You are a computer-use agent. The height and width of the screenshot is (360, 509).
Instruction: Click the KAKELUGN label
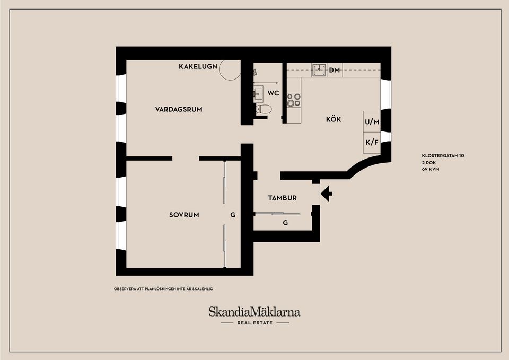(x=198, y=66)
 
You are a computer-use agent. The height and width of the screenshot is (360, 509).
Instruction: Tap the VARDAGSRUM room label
(x=179, y=109)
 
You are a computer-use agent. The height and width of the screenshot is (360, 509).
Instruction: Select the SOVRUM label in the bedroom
(x=184, y=215)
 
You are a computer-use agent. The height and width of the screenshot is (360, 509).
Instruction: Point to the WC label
(x=273, y=93)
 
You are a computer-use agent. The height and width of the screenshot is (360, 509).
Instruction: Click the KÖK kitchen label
(x=334, y=119)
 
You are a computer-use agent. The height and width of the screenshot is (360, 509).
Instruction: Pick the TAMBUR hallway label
(x=282, y=198)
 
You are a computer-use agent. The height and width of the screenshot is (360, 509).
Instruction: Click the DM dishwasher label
(x=334, y=70)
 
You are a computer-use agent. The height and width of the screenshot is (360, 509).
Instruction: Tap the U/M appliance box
(x=372, y=122)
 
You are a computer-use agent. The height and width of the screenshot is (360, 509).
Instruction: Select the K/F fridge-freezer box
(x=372, y=142)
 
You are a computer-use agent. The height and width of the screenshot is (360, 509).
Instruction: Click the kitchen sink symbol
(x=319, y=70)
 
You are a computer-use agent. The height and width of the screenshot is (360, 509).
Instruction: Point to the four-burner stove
(x=294, y=100)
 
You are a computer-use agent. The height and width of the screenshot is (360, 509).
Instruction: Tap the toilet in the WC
(x=263, y=109)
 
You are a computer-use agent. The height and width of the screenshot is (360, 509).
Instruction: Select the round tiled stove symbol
(x=230, y=69)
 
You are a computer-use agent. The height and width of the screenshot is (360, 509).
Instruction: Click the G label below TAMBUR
(x=285, y=223)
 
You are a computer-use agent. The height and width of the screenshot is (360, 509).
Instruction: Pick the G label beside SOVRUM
(x=232, y=215)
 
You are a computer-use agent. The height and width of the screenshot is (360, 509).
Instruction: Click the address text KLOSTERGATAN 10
(x=443, y=156)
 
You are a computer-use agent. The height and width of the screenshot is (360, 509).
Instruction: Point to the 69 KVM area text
(x=431, y=169)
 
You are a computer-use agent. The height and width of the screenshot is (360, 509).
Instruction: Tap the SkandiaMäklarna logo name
(x=254, y=312)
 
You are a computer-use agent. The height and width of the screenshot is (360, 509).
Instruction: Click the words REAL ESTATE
(x=254, y=323)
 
